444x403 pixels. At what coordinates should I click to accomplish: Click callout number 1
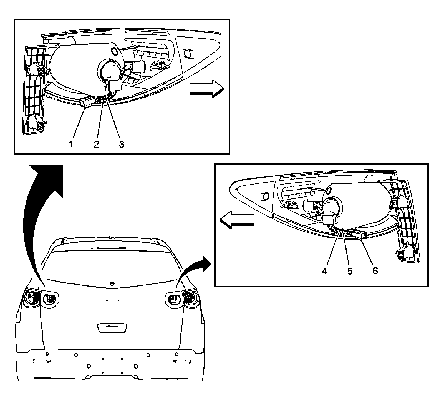click(x=71, y=144)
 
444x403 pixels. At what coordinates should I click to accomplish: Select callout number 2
click(x=96, y=144)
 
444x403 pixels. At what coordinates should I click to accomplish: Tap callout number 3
click(x=122, y=144)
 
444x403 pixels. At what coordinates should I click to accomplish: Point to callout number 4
click(x=325, y=271)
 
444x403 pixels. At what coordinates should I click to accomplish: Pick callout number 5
click(x=350, y=271)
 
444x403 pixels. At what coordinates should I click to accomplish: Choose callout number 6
click(x=375, y=271)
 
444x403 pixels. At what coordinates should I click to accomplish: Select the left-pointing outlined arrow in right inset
click(x=237, y=220)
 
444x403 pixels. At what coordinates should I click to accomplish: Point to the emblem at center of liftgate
click(x=112, y=284)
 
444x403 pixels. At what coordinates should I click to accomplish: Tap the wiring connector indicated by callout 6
click(x=360, y=234)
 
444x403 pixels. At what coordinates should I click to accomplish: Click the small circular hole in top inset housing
click(x=114, y=51)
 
